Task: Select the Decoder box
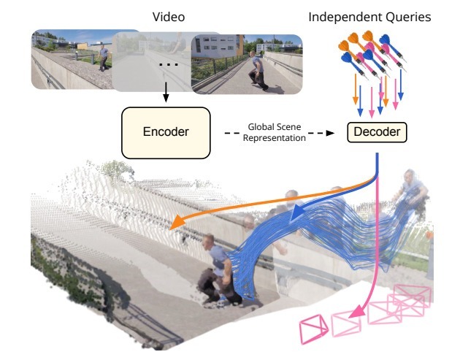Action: tap(377, 132)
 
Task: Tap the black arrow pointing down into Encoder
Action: tap(166, 96)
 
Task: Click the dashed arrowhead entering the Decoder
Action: tap(329, 132)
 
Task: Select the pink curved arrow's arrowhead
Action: tap(356, 313)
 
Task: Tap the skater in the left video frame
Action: tap(105, 61)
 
